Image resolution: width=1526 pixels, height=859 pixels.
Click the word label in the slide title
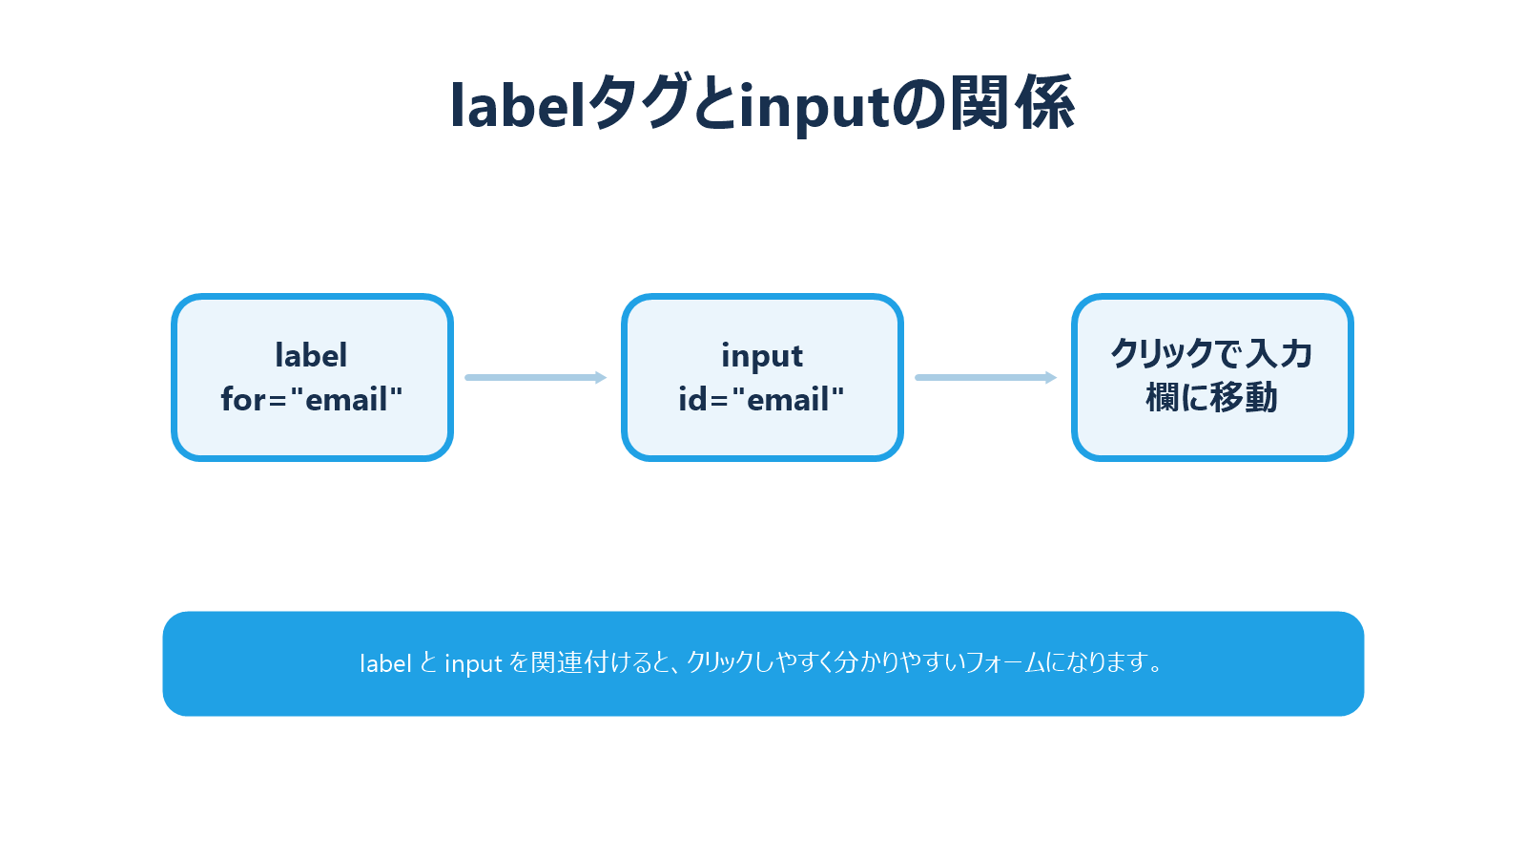click(x=517, y=104)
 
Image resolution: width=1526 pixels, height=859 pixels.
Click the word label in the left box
click(x=311, y=355)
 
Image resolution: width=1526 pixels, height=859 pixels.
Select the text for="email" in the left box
click(x=312, y=399)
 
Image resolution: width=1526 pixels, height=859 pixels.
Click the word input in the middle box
click(x=761, y=355)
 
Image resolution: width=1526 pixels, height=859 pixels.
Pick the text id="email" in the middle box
click(x=761, y=399)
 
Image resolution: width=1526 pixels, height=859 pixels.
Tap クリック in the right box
click(x=1162, y=354)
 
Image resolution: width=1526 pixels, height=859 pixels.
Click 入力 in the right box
click(x=1280, y=354)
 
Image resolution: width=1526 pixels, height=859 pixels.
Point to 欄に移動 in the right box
click(x=1211, y=398)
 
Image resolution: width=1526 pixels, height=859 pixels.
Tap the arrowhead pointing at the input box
click(x=601, y=378)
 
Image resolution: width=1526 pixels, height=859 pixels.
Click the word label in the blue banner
click(x=385, y=663)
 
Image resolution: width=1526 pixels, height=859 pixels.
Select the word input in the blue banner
click(x=473, y=664)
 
